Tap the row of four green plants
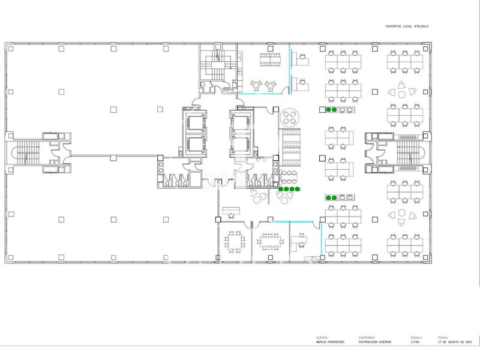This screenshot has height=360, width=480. [x=289, y=190]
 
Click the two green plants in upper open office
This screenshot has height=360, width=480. [x=331, y=110]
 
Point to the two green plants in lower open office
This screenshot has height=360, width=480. [x=331, y=197]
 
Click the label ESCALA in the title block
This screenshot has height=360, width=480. [x=413, y=337]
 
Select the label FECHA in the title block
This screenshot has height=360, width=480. [x=443, y=337]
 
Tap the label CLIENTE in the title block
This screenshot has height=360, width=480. [x=320, y=337]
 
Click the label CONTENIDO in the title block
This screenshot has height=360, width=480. [x=367, y=337]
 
